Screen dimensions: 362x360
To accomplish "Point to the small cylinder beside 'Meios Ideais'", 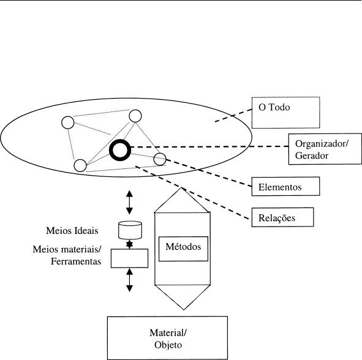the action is click(x=130, y=230).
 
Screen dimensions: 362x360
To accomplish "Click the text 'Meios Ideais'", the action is click(x=72, y=231).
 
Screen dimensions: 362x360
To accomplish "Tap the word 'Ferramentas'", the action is click(x=76, y=261).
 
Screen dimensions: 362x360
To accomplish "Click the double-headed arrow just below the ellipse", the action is click(x=129, y=202).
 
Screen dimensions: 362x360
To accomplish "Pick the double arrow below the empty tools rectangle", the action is click(x=129, y=280).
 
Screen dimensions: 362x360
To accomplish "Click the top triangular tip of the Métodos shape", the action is click(x=182, y=188).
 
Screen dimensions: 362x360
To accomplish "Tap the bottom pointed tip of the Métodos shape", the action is click(x=184, y=309).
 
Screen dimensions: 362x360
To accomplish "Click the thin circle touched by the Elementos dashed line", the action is click(x=160, y=153).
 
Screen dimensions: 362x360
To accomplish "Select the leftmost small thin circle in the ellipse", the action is click(x=68, y=116).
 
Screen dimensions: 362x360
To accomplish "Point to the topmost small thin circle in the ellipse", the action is click(x=135, y=110).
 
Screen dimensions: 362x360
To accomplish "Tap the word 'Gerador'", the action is click(x=312, y=156).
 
